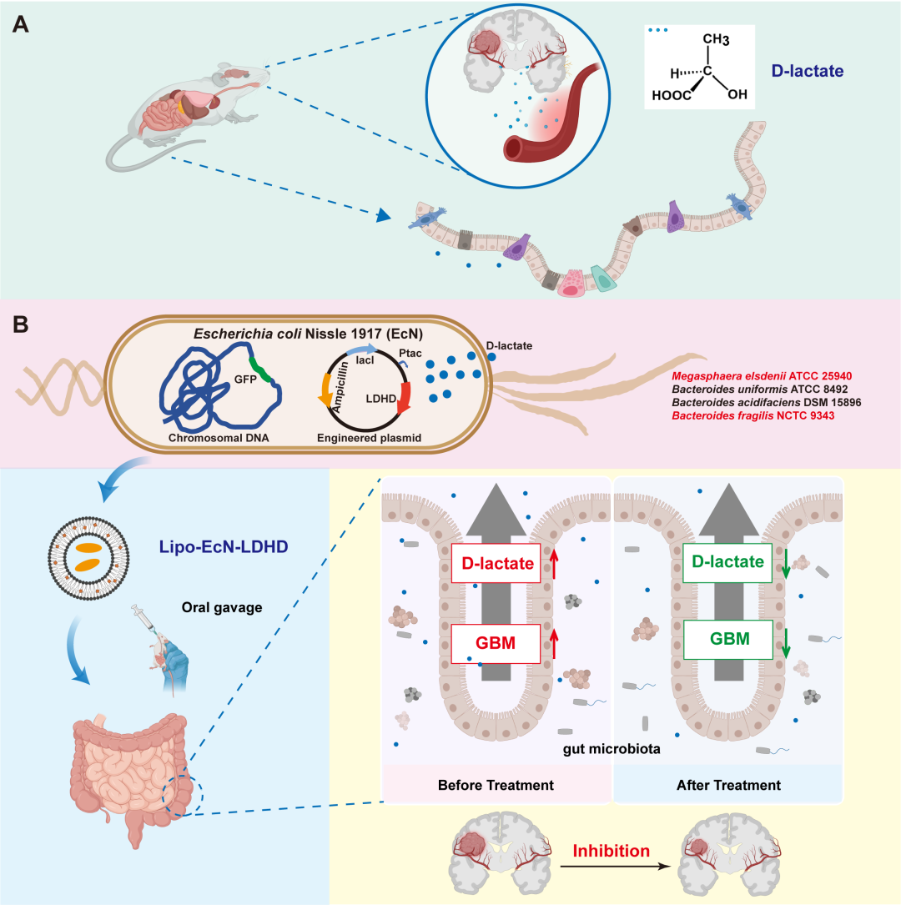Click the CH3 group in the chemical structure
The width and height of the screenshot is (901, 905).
715,41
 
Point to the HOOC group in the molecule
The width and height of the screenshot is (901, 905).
672,94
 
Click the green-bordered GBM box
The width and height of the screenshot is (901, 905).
724,640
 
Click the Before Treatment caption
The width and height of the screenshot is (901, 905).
496,786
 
